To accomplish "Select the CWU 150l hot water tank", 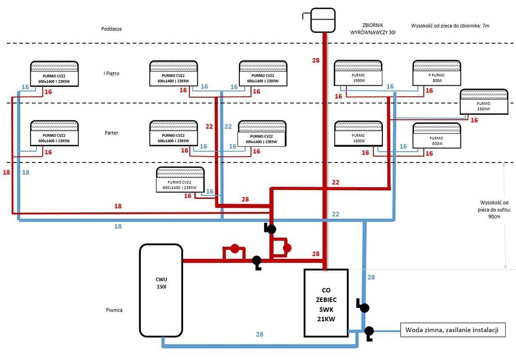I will click(x=160, y=290).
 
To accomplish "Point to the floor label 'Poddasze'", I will click(x=111, y=29).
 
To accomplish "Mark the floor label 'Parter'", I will click(x=111, y=133).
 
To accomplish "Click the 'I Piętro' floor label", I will click(x=111, y=74).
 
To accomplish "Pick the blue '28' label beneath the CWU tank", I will click(x=260, y=335).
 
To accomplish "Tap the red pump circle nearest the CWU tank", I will click(x=234, y=248).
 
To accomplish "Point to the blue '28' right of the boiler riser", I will click(x=370, y=277).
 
